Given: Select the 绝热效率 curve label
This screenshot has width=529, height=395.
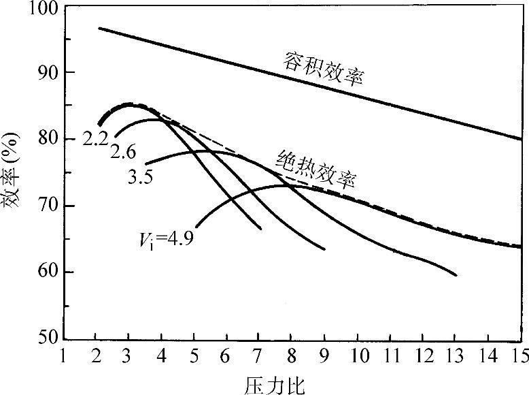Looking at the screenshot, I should (317, 168).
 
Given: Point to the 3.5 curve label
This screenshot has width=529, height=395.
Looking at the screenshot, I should (139, 177).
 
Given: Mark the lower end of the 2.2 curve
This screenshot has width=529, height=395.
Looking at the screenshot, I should (261, 230).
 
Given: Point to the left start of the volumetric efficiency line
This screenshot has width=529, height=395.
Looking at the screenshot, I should (99, 28).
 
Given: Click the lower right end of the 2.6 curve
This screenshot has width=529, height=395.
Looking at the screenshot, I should (325, 249).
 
